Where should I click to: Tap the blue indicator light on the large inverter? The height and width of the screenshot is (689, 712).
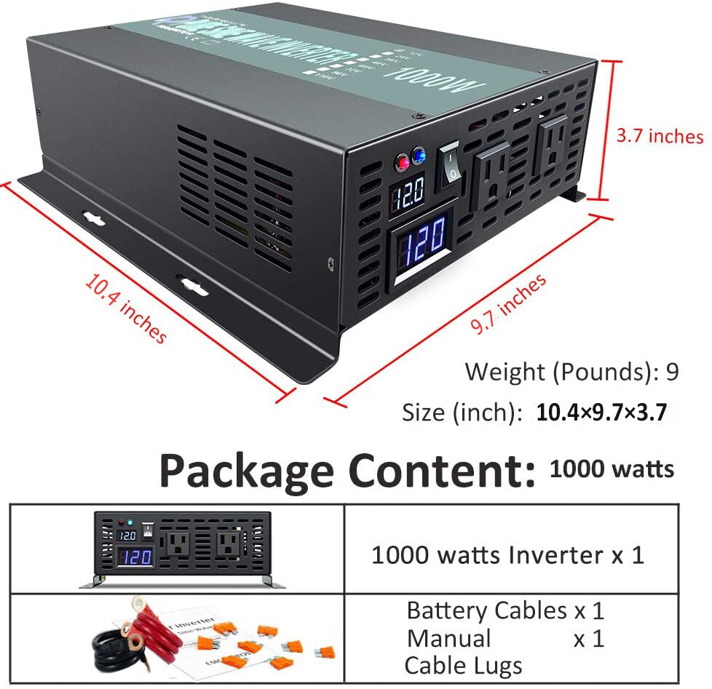[419, 154]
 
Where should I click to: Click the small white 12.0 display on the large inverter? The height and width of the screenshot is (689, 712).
[408, 194]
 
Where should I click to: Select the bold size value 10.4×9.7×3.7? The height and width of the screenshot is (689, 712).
[601, 413]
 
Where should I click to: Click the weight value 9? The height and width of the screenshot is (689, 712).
[672, 372]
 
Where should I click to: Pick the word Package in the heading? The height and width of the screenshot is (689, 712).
[249, 471]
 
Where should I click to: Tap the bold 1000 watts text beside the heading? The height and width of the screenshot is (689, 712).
[612, 469]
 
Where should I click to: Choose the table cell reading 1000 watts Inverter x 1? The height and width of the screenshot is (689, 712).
[508, 555]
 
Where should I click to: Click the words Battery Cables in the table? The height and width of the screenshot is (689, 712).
[486, 610]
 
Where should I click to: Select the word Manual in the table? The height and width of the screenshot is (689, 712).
[448, 638]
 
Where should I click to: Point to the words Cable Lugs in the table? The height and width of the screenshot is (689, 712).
[463, 665]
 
